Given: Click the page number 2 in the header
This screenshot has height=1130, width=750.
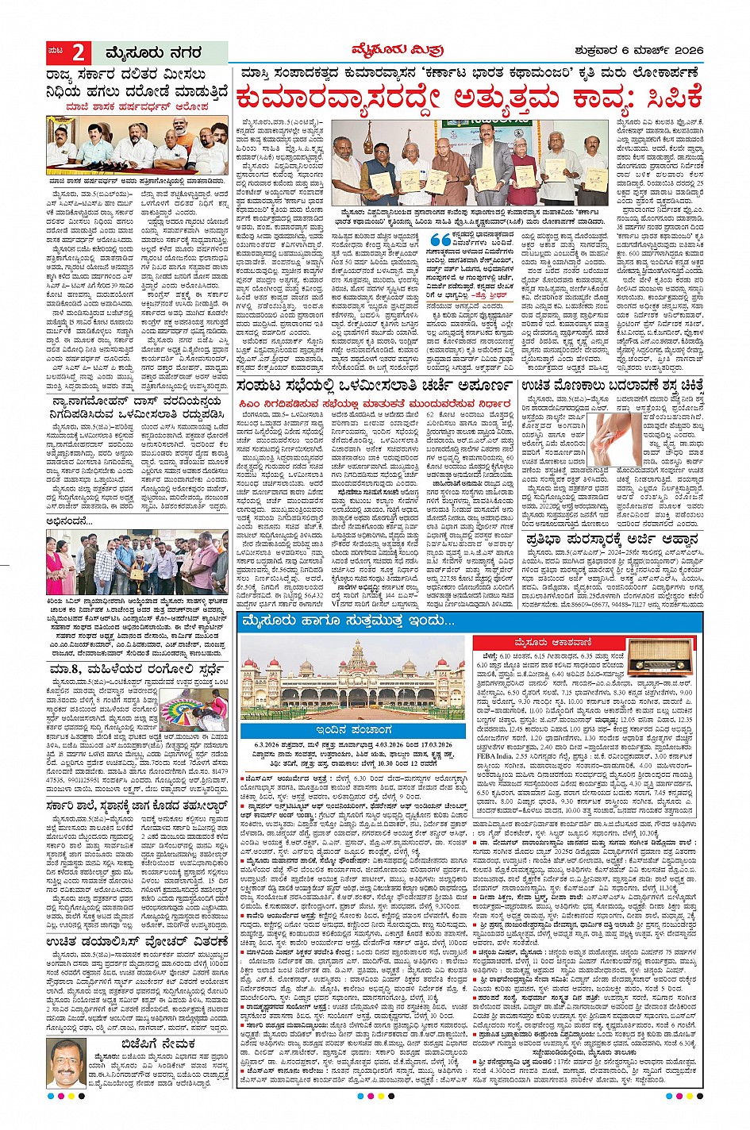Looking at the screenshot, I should coord(79,53).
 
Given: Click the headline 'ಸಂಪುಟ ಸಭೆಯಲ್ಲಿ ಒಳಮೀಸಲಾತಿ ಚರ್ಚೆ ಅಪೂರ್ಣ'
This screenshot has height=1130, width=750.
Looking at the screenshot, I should coord(375,386).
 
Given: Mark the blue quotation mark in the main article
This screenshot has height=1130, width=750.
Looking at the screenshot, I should coord(439,240).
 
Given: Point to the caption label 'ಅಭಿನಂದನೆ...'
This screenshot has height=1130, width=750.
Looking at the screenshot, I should coord(70,521).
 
